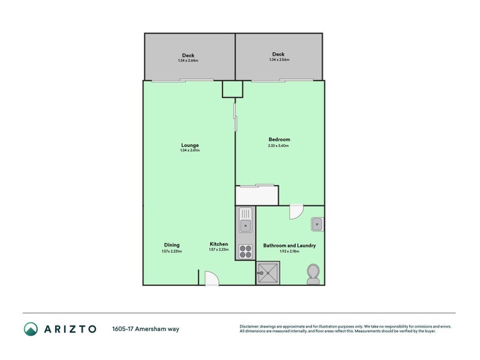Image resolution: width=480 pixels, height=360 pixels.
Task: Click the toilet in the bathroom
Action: click(x=313, y=274)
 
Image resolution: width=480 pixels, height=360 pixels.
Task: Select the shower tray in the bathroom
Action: click(x=268, y=273)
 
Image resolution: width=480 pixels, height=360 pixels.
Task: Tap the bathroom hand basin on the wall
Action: click(x=317, y=225)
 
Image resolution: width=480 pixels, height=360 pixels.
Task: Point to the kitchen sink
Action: click(x=245, y=223)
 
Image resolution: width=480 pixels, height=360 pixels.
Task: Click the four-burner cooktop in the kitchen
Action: click(x=245, y=251)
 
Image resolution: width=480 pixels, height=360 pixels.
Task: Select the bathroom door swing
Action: click(x=296, y=212)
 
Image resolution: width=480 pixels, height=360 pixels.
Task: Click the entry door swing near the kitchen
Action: click(x=212, y=279)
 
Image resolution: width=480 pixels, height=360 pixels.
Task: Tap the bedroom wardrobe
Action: click(x=257, y=196)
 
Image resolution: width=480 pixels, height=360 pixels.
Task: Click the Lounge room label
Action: click(x=190, y=145)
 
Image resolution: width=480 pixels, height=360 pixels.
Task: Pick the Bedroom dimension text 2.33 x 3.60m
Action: click(x=278, y=146)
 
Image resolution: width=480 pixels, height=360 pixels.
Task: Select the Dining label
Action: click(x=172, y=245)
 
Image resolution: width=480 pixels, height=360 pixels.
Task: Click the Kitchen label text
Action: click(x=218, y=244)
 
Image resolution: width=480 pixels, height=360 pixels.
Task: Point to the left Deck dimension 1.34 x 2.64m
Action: click(x=188, y=61)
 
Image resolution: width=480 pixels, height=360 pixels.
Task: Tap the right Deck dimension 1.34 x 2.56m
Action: click(x=279, y=60)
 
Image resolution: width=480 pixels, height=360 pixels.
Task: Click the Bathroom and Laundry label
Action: click(x=289, y=245)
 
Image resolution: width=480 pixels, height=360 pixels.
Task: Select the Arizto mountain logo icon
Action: click(x=31, y=329)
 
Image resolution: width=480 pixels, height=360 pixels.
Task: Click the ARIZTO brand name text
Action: click(x=70, y=329)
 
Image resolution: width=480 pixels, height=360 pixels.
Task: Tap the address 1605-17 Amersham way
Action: click(x=145, y=329)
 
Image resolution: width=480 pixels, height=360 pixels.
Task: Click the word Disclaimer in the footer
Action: click(x=250, y=326)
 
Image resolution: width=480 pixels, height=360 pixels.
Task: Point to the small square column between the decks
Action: click(x=232, y=89)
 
